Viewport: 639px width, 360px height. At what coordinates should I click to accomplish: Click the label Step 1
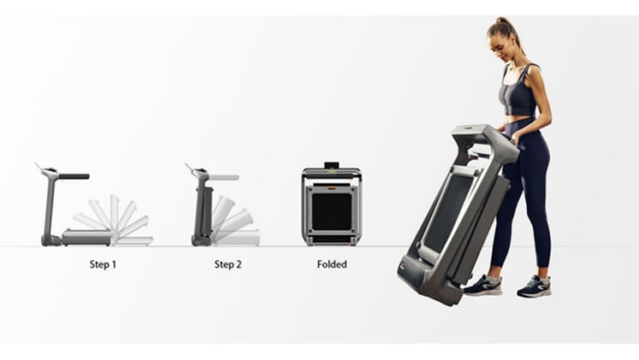point(103,264)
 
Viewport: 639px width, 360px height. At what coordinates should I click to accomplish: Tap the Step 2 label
point(228,264)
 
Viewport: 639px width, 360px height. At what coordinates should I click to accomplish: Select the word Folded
point(332,264)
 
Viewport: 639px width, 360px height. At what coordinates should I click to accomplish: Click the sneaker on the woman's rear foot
point(535,286)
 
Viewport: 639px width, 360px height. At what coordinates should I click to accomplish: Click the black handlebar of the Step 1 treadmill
point(74,176)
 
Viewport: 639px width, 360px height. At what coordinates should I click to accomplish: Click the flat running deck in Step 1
point(86,237)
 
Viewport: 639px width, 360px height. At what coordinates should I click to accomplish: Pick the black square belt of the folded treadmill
point(332,212)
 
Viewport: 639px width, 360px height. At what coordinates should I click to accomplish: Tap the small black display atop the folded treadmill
point(332,165)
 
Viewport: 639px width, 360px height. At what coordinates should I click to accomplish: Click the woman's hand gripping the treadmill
point(514,139)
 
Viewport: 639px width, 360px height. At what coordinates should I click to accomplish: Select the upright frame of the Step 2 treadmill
point(202,208)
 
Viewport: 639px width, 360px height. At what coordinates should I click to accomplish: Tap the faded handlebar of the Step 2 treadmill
point(224,178)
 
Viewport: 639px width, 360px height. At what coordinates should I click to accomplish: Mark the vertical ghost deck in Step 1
point(115,212)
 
